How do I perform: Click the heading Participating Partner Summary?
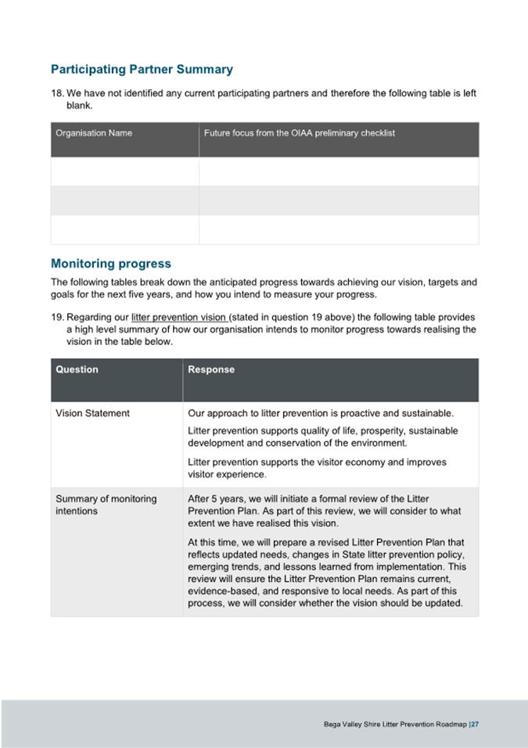point(142,70)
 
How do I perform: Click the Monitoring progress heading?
point(110,264)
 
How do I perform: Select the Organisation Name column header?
point(94,133)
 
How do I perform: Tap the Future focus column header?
point(299,133)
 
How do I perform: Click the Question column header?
point(77,369)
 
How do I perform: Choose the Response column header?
point(211,369)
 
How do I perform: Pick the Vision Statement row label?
point(92,413)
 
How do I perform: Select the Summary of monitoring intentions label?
point(106,505)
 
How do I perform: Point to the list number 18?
point(57,94)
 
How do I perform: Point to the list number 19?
point(57,317)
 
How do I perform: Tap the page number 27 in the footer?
point(474,725)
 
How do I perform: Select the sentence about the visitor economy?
point(317,468)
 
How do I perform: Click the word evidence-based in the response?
point(219,592)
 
